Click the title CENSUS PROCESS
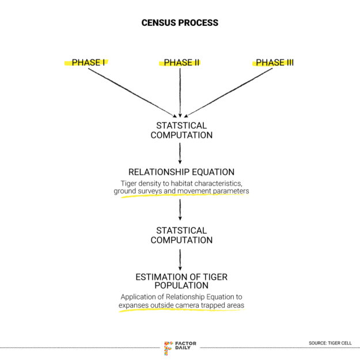(x=180, y=23)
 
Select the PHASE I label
(x=88, y=62)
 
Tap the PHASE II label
(x=181, y=62)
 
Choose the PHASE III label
(x=274, y=62)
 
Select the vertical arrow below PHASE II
(x=180, y=92)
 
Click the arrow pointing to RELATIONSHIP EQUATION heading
(x=180, y=153)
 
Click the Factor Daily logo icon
(x=168, y=347)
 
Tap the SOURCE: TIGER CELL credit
(x=330, y=343)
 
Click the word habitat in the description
(x=182, y=183)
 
